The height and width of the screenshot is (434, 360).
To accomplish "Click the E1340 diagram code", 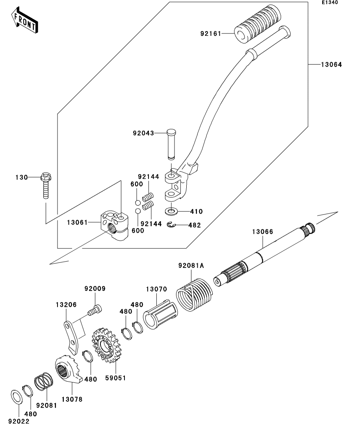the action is click(330, 2).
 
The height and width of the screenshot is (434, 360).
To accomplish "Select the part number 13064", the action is click(332, 65).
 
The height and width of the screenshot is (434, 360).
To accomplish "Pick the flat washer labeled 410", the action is click(172, 211).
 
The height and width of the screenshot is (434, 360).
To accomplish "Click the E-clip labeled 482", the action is click(172, 225).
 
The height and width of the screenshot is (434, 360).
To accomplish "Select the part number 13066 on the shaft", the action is click(262, 231).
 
